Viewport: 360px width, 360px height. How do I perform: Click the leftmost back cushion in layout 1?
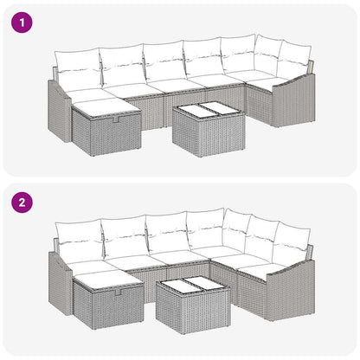coord(75,65)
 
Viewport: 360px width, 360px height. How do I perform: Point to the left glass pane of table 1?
coord(193,110)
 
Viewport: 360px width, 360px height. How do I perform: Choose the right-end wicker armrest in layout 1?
coord(296,100)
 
